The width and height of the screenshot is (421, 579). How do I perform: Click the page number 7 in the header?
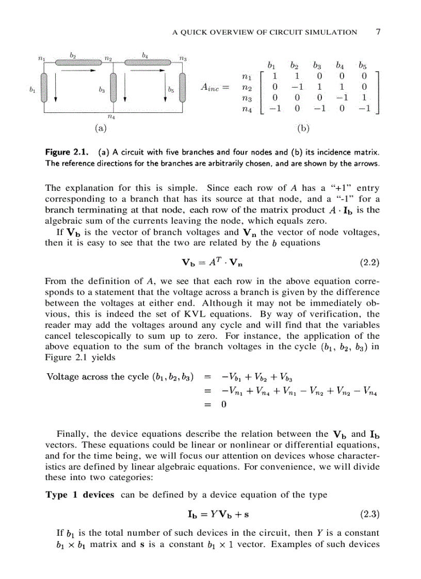pyautogui.click(x=378, y=32)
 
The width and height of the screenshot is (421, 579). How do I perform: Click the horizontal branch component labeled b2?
pyautogui.click(x=78, y=63)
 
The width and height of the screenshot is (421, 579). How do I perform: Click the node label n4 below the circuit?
pyautogui.click(x=112, y=118)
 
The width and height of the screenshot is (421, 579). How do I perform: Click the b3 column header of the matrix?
pyautogui.click(x=317, y=65)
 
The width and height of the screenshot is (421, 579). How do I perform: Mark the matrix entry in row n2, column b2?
pyautogui.click(x=295, y=88)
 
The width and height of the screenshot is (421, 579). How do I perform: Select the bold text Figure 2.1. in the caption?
pyautogui.click(x=67, y=153)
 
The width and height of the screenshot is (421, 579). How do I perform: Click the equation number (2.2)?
pyautogui.click(x=369, y=262)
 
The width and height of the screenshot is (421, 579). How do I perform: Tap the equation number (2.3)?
pyautogui.click(x=369, y=514)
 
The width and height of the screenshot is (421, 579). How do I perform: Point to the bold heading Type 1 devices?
pyautogui.click(x=80, y=495)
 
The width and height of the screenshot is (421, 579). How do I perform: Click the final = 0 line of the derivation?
pyautogui.click(x=217, y=405)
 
